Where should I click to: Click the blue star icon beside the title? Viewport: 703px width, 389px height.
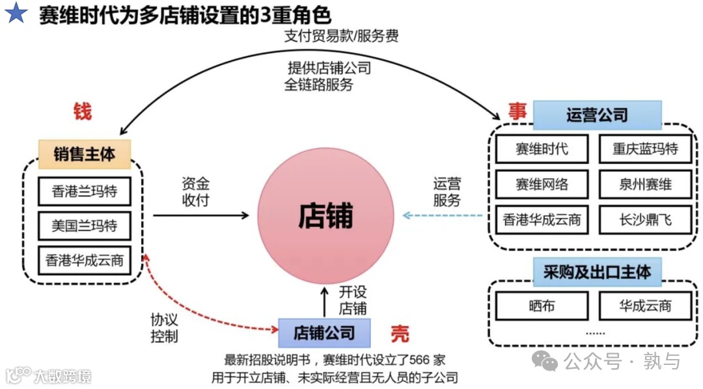(x=16, y=13)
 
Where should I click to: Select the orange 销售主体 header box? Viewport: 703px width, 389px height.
(x=85, y=154)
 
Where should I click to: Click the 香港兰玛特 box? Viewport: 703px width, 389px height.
(x=84, y=192)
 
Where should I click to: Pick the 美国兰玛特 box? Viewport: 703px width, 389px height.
(x=84, y=226)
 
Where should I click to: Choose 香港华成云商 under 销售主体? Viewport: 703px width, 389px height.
(x=84, y=261)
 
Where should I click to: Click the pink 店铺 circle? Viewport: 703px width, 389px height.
(x=325, y=215)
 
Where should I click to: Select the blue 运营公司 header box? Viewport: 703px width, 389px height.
(x=597, y=115)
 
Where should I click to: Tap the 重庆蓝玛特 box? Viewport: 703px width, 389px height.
(x=644, y=148)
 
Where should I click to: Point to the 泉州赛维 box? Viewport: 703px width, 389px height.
(x=644, y=184)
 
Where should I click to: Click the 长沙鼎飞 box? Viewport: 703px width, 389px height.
(x=644, y=220)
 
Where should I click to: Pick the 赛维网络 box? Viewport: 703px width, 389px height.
(x=542, y=184)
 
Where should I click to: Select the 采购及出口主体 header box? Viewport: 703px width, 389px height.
(x=597, y=272)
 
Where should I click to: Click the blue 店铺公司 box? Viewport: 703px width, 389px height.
(x=324, y=333)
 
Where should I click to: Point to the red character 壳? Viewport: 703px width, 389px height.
(x=400, y=334)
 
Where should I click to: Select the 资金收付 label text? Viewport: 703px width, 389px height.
(x=195, y=192)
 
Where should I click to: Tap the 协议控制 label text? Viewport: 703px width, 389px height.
(x=163, y=329)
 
